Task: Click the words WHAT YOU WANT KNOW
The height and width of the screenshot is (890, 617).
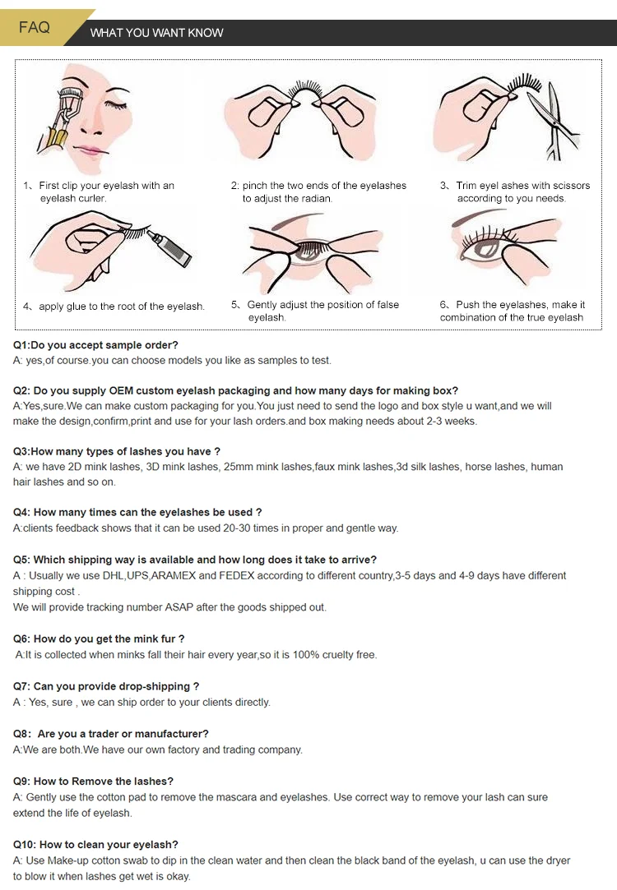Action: click(157, 33)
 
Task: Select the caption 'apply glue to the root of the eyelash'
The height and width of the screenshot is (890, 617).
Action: click(122, 307)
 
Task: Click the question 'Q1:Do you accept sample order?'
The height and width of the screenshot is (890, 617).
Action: click(95, 345)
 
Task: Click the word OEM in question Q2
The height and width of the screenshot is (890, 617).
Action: click(121, 390)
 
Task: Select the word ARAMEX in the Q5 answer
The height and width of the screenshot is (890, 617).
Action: click(173, 575)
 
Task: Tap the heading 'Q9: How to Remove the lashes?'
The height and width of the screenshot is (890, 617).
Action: click(93, 781)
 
